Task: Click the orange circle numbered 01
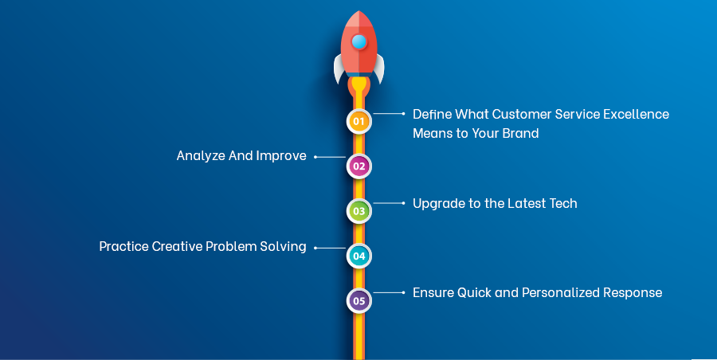click(358, 121)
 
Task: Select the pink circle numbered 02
click(358, 166)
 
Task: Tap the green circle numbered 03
click(358, 211)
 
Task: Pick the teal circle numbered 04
click(358, 256)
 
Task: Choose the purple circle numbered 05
click(358, 301)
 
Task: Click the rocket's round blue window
click(359, 41)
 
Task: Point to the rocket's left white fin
click(339, 68)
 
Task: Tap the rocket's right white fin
click(379, 68)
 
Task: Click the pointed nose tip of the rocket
click(359, 12)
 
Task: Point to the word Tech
click(562, 203)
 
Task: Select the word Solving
click(284, 247)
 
